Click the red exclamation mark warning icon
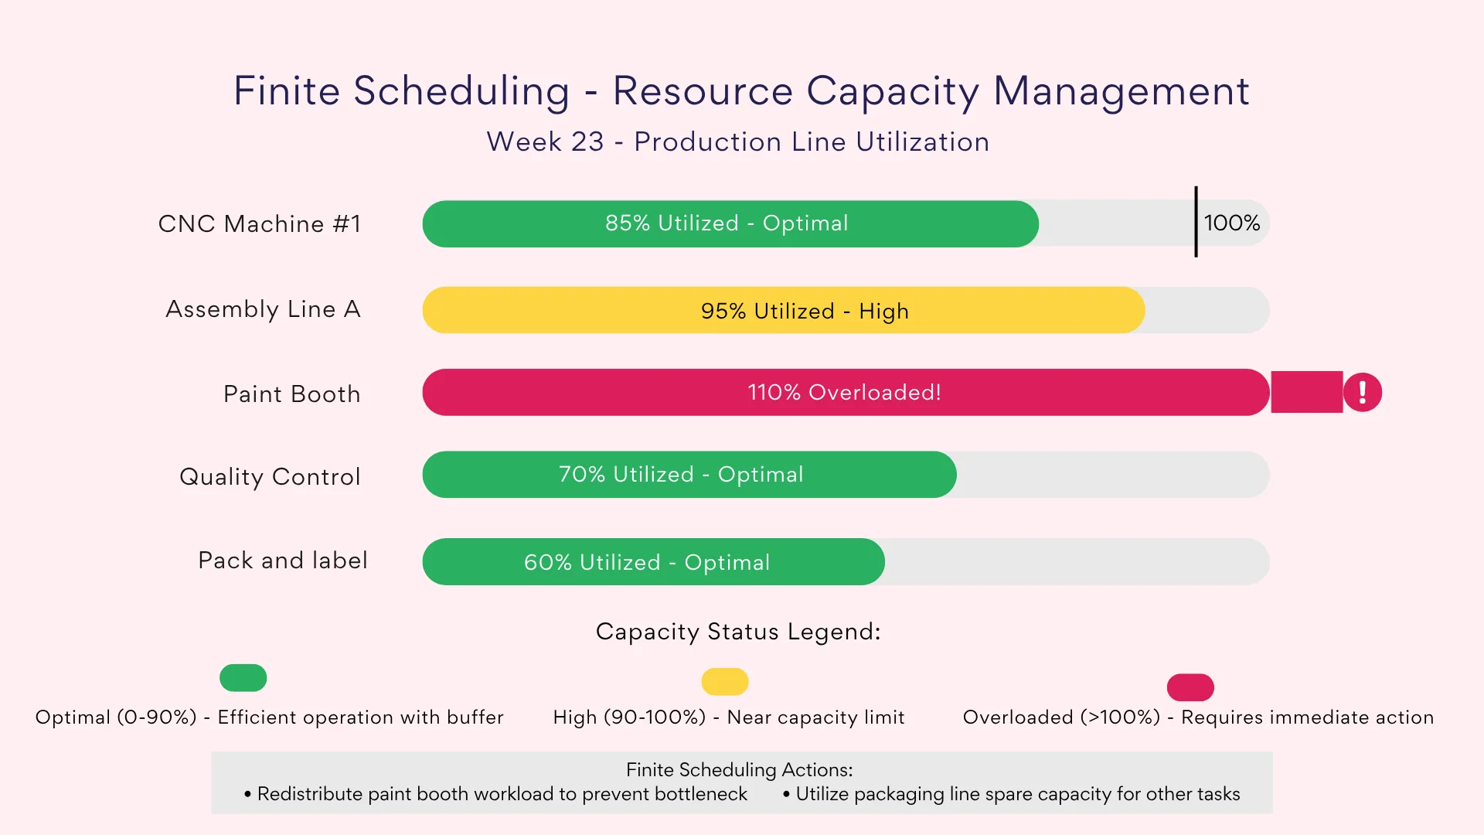[x=1362, y=392]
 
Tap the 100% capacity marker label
[x=1232, y=223]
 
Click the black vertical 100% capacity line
[x=1196, y=222]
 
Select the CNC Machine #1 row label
[x=260, y=224]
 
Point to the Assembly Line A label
[x=263, y=309]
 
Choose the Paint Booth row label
[x=291, y=394]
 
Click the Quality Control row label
[x=270, y=477]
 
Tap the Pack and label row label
[x=282, y=561]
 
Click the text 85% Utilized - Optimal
[x=727, y=223]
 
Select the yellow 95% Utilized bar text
[x=805, y=311]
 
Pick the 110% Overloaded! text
[x=844, y=393]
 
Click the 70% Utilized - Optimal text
[x=681, y=475]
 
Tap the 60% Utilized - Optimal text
[x=647, y=563]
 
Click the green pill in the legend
[x=243, y=678]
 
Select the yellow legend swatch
[x=724, y=682]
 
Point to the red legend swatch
[x=1190, y=687]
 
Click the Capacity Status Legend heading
[x=738, y=632]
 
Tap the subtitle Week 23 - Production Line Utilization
[x=738, y=142]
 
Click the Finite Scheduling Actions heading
[x=739, y=770]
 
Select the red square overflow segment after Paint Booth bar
[x=1306, y=392]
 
